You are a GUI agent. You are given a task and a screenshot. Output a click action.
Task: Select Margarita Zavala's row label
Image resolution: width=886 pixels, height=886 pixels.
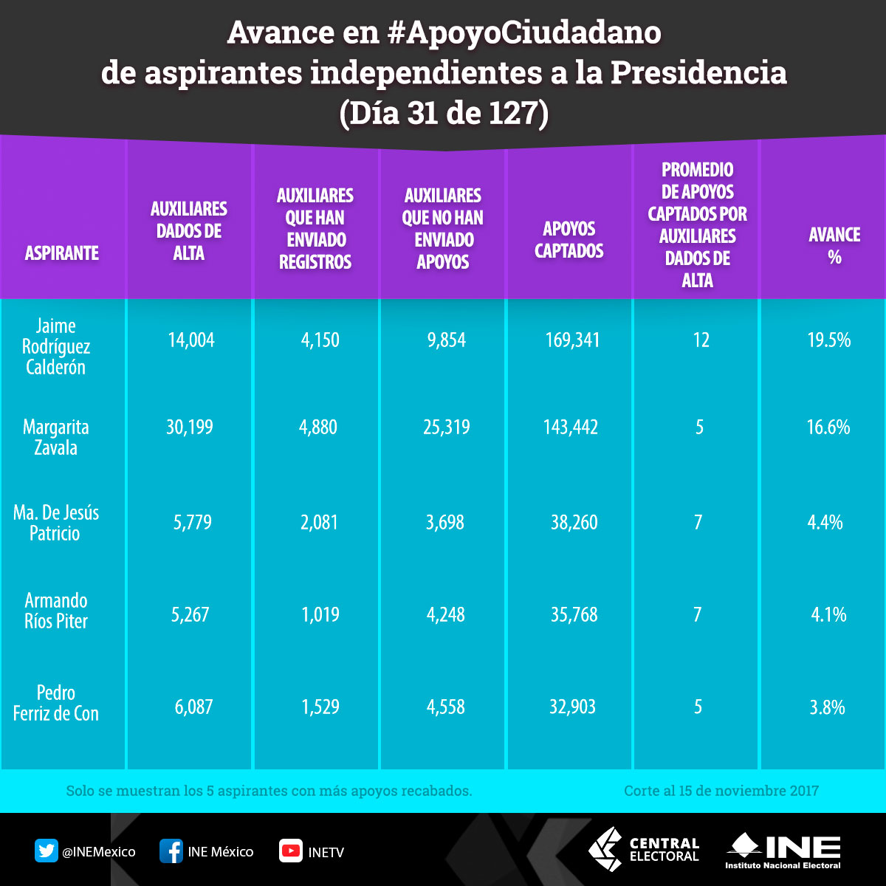(56, 437)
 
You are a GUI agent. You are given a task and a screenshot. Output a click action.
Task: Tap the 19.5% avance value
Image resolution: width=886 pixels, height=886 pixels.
(828, 340)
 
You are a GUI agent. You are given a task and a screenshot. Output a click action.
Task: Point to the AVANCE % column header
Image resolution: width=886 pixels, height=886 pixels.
(834, 246)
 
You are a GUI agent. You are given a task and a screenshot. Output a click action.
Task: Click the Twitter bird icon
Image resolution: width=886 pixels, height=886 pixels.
(46, 851)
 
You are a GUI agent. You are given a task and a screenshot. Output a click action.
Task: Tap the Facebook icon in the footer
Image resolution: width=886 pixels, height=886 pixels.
(171, 851)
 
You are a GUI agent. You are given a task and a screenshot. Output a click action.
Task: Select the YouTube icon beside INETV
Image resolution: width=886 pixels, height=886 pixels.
(290, 851)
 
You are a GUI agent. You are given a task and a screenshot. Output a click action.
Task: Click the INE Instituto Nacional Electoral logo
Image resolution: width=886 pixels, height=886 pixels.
(783, 851)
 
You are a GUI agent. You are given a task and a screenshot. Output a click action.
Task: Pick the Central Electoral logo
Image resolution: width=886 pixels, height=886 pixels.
(644, 850)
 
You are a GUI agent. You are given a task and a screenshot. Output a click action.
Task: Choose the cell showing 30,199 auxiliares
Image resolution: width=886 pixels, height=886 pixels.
(190, 427)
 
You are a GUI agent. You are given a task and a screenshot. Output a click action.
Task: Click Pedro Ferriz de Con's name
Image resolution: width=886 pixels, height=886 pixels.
(56, 703)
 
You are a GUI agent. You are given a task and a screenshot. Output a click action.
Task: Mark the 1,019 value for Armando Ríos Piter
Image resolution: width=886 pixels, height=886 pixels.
(320, 615)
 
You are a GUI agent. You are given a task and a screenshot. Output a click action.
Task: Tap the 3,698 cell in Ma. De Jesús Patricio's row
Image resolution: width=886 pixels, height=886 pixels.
(444, 523)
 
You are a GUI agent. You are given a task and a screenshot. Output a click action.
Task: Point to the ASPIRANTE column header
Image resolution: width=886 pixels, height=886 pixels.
(62, 253)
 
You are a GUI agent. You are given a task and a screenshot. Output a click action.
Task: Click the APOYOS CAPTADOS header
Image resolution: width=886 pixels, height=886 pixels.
(569, 240)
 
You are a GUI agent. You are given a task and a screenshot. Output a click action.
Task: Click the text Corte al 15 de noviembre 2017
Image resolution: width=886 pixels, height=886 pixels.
(721, 791)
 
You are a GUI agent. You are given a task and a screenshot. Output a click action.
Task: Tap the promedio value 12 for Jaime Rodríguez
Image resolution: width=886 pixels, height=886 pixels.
(701, 340)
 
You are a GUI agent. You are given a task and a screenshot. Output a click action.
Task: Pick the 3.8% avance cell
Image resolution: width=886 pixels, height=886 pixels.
(827, 707)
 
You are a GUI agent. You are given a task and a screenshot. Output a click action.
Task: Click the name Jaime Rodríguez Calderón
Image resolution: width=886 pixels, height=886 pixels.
(56, 346)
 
